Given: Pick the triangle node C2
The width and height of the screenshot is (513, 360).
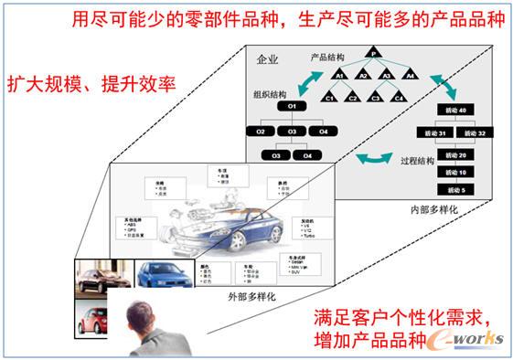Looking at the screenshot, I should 351,97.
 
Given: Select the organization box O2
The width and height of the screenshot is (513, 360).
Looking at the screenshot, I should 261,132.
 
